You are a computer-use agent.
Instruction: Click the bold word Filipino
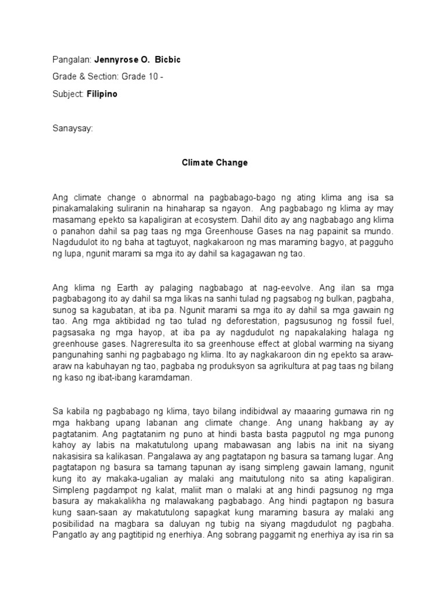coord(102,94)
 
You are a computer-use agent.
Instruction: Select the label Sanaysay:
coord(72,127)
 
